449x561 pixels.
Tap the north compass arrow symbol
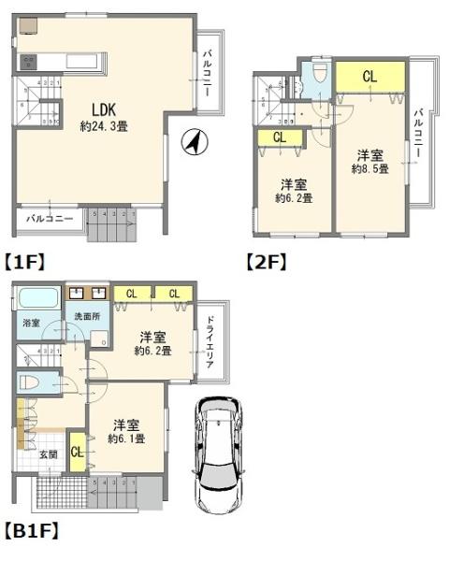pos(194,143)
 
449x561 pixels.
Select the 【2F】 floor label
pos(266,262)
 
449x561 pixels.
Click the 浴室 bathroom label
pos(31,323)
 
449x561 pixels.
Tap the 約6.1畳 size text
pos(125,439)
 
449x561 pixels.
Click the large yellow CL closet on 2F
pos(369,78)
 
